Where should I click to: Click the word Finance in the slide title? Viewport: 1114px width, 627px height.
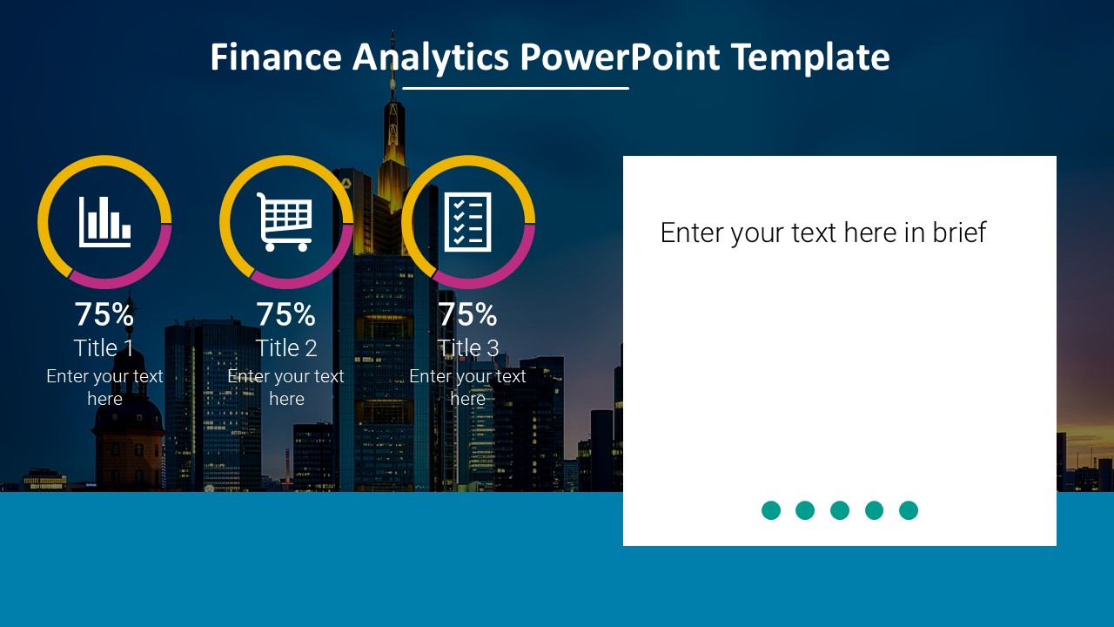click(275, 57)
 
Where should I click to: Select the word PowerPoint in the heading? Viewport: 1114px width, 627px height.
click(621, 57)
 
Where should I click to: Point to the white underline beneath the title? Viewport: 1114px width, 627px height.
click(515, 88)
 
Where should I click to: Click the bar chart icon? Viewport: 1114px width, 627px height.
click(104, 221)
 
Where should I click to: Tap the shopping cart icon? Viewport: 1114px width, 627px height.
click(285, 221)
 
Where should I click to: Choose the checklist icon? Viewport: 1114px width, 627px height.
click(468, 221)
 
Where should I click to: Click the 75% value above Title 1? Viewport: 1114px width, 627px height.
click(104, 313)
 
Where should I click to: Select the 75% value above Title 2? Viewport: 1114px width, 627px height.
click(285, 313)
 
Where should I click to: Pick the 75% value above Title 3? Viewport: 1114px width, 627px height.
click(468, 313)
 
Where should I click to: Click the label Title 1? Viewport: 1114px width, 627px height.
click(104, 348)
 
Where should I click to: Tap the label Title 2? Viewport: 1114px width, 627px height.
click(286, 348)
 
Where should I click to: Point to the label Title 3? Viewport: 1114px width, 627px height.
click(468, 348)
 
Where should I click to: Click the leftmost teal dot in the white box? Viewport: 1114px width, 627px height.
click(771, 510)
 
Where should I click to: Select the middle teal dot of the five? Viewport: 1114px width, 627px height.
click(840, 510)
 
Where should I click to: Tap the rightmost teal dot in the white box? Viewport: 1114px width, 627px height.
click(909, 510)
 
